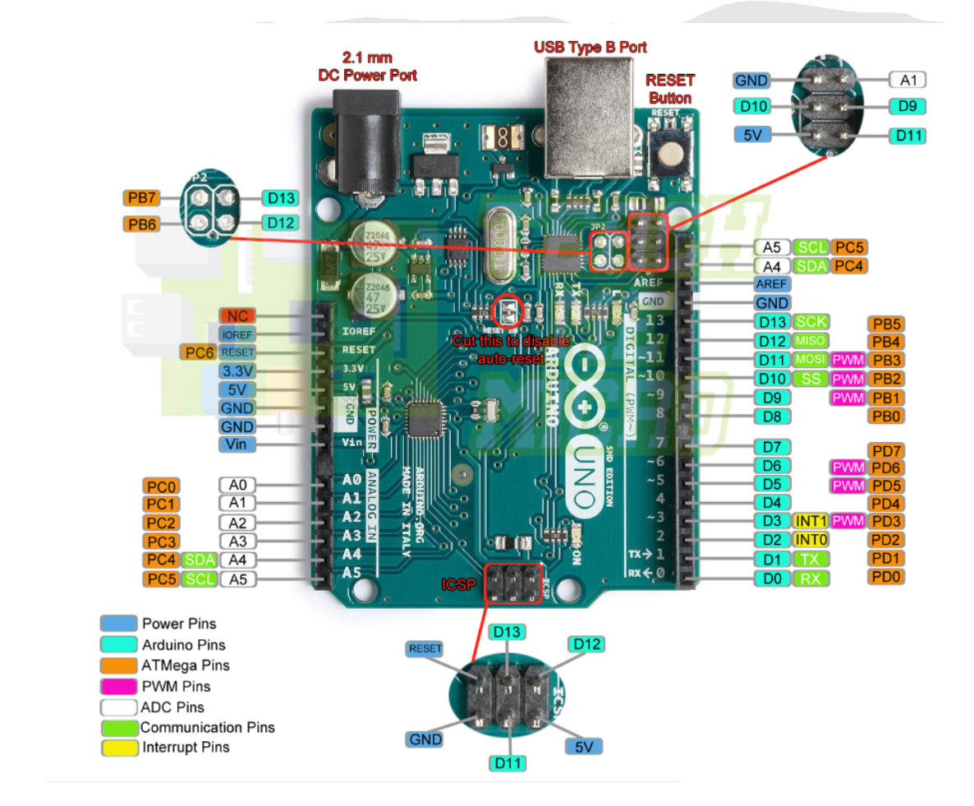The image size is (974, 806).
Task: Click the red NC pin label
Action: (x=237, y=316)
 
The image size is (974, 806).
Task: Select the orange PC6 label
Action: (x=198, y=352)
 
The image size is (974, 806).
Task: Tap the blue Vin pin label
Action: (x=237, y=444)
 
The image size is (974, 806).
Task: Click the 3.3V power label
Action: (x=237, y=371)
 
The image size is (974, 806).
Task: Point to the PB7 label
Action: (x=143, y=198)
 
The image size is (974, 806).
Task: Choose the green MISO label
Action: (x=811, y=340)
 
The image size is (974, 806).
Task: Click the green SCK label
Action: (x=811, y=322)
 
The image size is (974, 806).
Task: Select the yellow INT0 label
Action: (x=811, y=540)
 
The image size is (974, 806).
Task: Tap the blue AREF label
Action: (x=772, y=283)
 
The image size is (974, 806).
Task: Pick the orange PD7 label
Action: (x=887, y=451)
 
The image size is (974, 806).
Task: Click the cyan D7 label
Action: (x=772, y=447)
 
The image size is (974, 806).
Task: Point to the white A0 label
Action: (x=238, y=485)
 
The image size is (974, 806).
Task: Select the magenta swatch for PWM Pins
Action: (x=119, y=686)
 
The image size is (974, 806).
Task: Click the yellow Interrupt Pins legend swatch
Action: (x=119, y=748)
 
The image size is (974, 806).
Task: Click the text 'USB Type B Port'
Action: (x=590, y=47)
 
